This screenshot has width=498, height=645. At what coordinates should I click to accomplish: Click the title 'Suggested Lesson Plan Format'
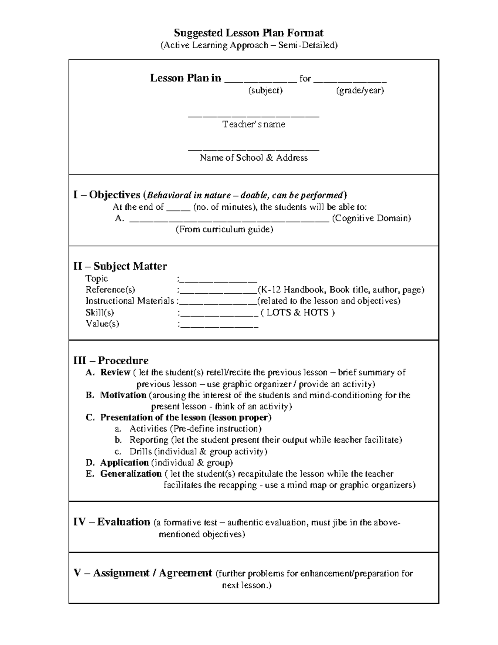(x=249, y=33)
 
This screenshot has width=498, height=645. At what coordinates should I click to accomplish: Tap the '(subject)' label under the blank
(x=265, y=90)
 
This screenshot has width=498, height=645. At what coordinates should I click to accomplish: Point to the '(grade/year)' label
(x=360, y=90)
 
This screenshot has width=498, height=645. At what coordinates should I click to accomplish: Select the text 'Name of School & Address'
(x=254, y=158)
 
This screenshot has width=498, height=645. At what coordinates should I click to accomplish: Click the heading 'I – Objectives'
(x=107, y=195)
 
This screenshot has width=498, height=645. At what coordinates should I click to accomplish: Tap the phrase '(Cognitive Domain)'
(x=371, y=218)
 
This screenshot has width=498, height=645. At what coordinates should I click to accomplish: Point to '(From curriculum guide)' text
(x=224, y=229)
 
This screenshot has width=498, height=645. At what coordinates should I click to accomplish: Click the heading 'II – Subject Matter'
(x=120, y=266)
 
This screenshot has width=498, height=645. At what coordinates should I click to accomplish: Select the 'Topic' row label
(x=96, y=279)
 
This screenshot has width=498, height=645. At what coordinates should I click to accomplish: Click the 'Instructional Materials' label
(x=129, y=301)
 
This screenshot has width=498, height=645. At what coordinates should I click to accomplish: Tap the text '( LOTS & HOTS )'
(x=298, y=312)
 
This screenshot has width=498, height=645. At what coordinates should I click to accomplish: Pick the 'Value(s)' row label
(x=102, y=324)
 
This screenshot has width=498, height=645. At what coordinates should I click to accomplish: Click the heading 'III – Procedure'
(x=111, y=361)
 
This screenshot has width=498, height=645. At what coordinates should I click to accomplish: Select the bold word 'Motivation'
(x=123, y=395)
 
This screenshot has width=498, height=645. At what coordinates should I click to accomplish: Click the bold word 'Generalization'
(x=131, y=474)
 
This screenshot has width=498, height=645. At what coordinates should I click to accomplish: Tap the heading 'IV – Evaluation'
(x=112, y=522)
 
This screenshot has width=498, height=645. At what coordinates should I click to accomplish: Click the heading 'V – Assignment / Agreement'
(x=143, y=573)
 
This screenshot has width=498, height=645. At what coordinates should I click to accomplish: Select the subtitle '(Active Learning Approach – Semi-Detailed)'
(x=249, y=45)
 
